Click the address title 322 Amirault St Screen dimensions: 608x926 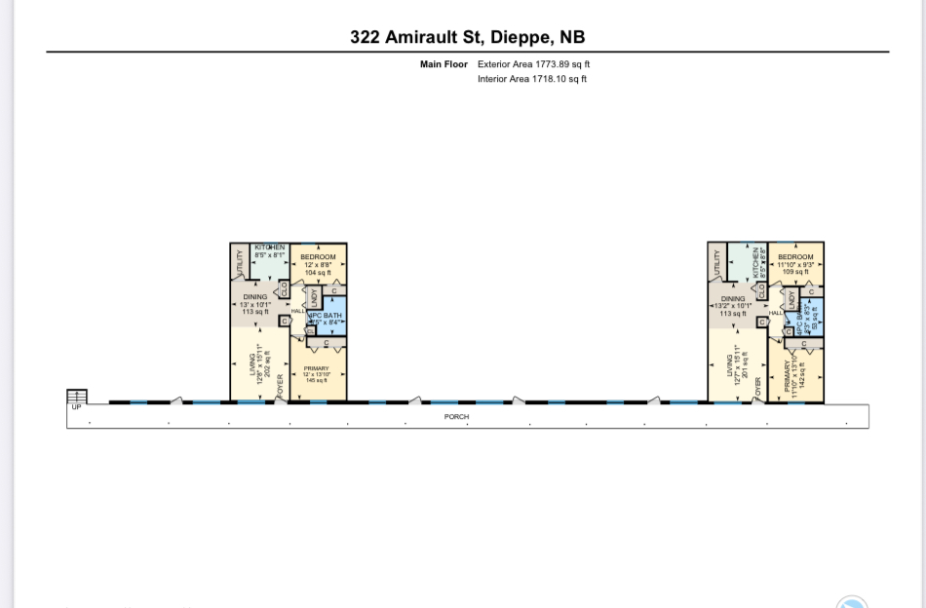[467, 38]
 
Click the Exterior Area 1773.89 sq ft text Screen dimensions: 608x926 [533, 64]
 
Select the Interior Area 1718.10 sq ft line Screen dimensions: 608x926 [532, 80]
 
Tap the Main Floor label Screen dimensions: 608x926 [444, 64]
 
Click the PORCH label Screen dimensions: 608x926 [456, 417]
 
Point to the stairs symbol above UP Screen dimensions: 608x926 [76, 396]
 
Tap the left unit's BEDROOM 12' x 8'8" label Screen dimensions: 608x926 [318, 264]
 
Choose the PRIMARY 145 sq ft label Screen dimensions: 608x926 [317, 374]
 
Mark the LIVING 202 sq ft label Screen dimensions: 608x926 [259, 364]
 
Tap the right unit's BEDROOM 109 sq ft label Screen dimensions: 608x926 [795, 264]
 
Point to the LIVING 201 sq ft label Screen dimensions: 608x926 [735, 364]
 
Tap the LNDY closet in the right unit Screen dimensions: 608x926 [791, 297]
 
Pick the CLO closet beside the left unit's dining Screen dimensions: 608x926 [284, 288]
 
